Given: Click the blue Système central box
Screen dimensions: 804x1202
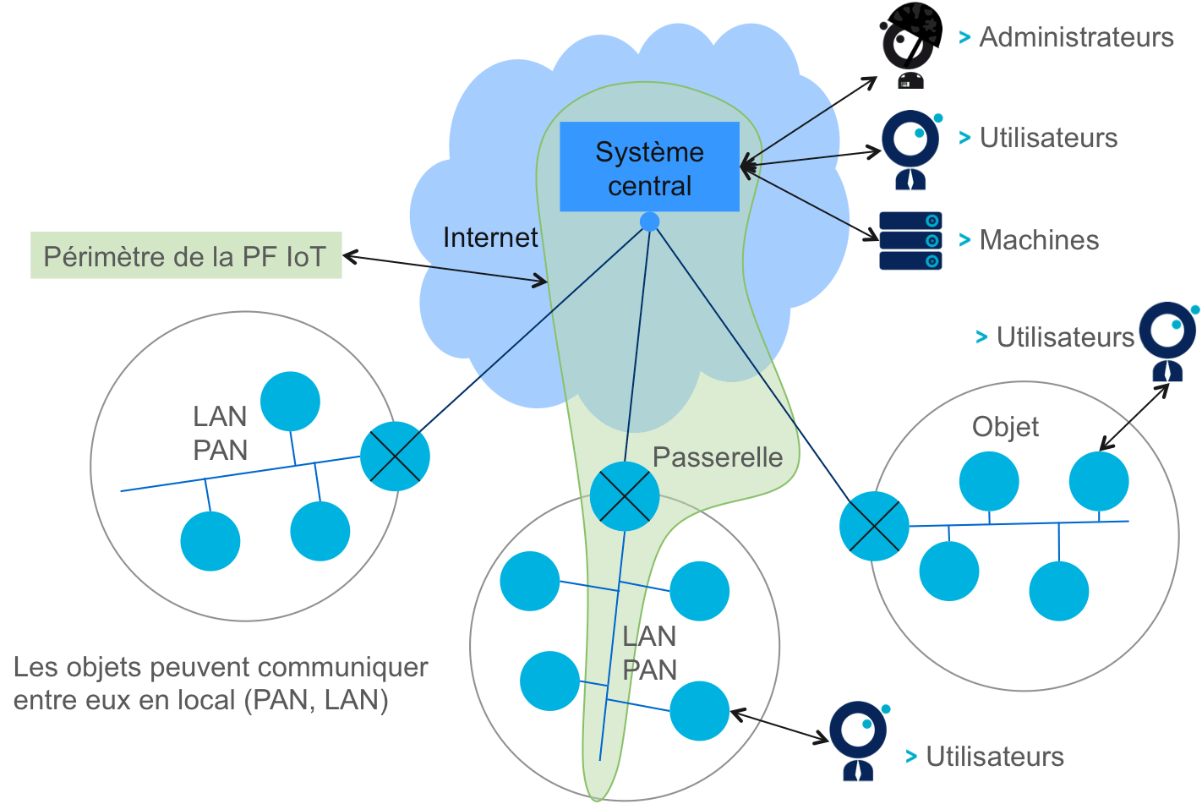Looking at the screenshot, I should (649, 167).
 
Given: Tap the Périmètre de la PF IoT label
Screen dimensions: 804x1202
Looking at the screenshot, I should (186, 255).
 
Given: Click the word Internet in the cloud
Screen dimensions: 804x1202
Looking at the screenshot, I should (490, 238).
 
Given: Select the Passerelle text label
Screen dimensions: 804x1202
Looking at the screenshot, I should (718, 457).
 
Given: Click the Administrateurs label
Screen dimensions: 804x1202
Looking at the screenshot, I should (1076, 37).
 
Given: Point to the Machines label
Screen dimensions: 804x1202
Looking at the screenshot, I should (1039, 240).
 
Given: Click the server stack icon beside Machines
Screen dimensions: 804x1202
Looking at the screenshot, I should (910, 241).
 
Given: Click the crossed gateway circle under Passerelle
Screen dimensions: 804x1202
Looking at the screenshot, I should (625, 496).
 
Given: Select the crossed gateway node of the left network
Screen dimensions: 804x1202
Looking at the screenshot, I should (395, 457).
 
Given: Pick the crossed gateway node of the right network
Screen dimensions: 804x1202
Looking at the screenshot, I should (874, 526).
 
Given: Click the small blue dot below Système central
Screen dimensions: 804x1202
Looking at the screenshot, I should (649, 222).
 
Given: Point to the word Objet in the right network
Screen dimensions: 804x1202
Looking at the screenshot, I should (1005, 427).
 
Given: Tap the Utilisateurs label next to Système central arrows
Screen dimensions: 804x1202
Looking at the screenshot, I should (1049, 138).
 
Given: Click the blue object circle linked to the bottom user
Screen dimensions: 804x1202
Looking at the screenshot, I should (699, 712).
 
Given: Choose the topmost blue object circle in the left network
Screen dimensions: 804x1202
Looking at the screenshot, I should (290, 402).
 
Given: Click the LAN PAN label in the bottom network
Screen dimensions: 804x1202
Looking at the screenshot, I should (649, 653).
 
